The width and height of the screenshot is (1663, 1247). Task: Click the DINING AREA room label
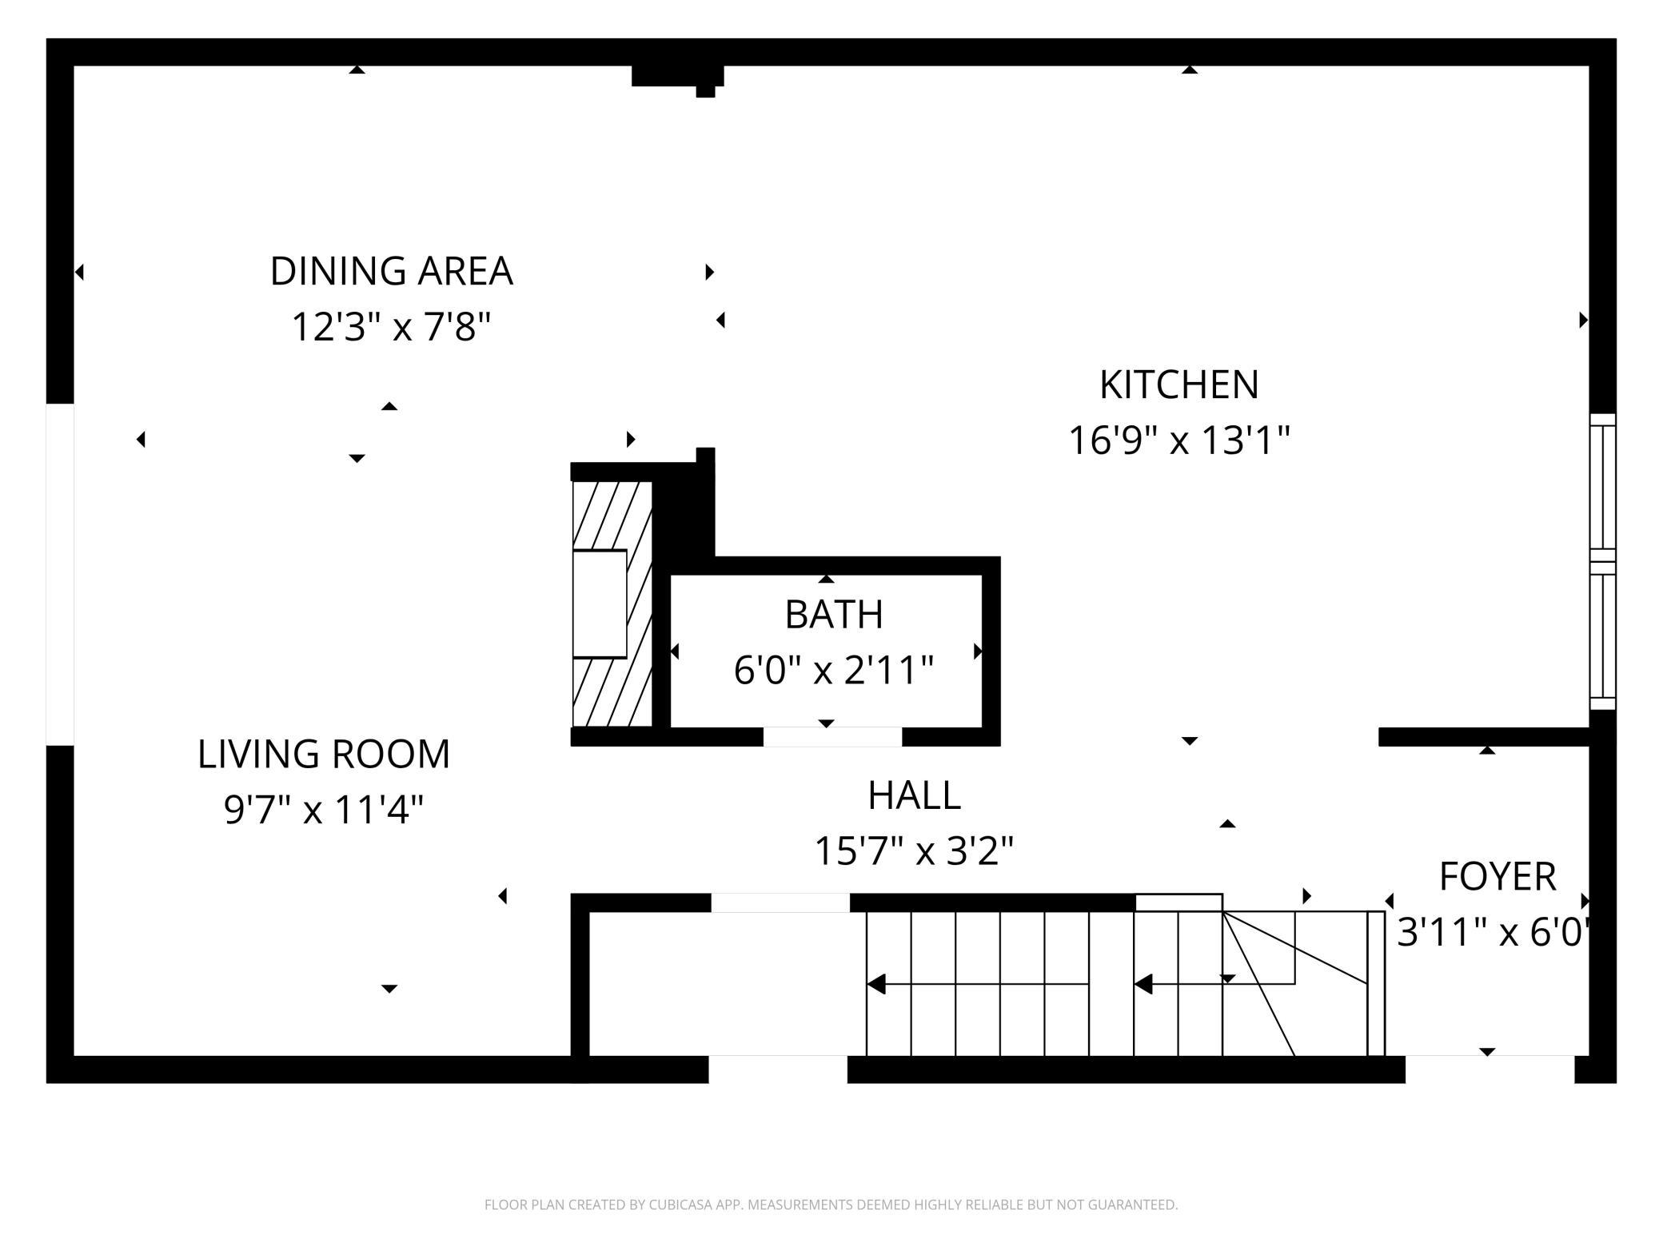click(391, 272)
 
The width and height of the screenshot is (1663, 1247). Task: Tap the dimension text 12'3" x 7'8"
click(391, 327)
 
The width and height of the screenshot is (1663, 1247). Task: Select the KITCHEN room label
click(1179, 385)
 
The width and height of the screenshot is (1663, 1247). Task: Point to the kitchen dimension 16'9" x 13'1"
click(1179, 440)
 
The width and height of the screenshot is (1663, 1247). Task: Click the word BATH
click(834, 615)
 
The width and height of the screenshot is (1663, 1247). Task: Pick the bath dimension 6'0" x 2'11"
click(834, 670)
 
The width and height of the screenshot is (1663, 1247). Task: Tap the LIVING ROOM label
click(324, 755)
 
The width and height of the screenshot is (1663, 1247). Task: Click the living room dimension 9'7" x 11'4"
click(324, 810)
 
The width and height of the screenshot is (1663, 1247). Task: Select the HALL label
click(914, 795)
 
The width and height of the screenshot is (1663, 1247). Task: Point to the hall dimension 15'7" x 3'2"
click(914, 851)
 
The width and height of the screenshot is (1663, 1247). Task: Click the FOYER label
click(1497, 877)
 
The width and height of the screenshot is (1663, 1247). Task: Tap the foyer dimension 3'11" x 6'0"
click(1492, 932)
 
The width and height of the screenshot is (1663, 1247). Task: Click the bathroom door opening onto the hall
click(832, 736)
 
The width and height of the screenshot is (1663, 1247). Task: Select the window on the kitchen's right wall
click(1602, 562)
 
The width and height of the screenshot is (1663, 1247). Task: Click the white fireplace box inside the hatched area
click(600, 604)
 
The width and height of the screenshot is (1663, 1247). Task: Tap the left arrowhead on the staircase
click(876, 984)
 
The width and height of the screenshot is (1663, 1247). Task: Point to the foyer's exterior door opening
click(1490, 1069)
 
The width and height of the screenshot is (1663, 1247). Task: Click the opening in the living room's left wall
click(60, 574)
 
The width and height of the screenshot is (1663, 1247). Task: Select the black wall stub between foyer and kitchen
click(1483, 736)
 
